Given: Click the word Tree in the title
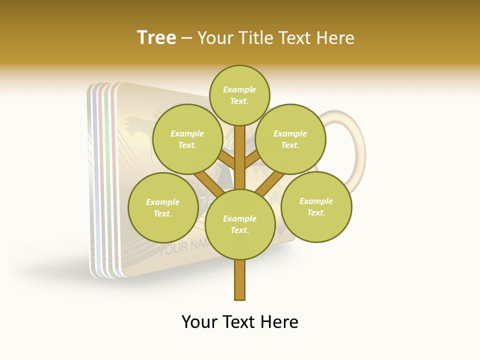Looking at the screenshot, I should coord(156,38).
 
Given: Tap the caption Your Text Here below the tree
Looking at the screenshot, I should coord(240,322).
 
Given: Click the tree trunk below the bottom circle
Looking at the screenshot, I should coord(240,280).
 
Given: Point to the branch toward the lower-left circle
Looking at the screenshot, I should coord(207,182).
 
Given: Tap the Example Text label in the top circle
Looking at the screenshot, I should coord(239,95).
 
